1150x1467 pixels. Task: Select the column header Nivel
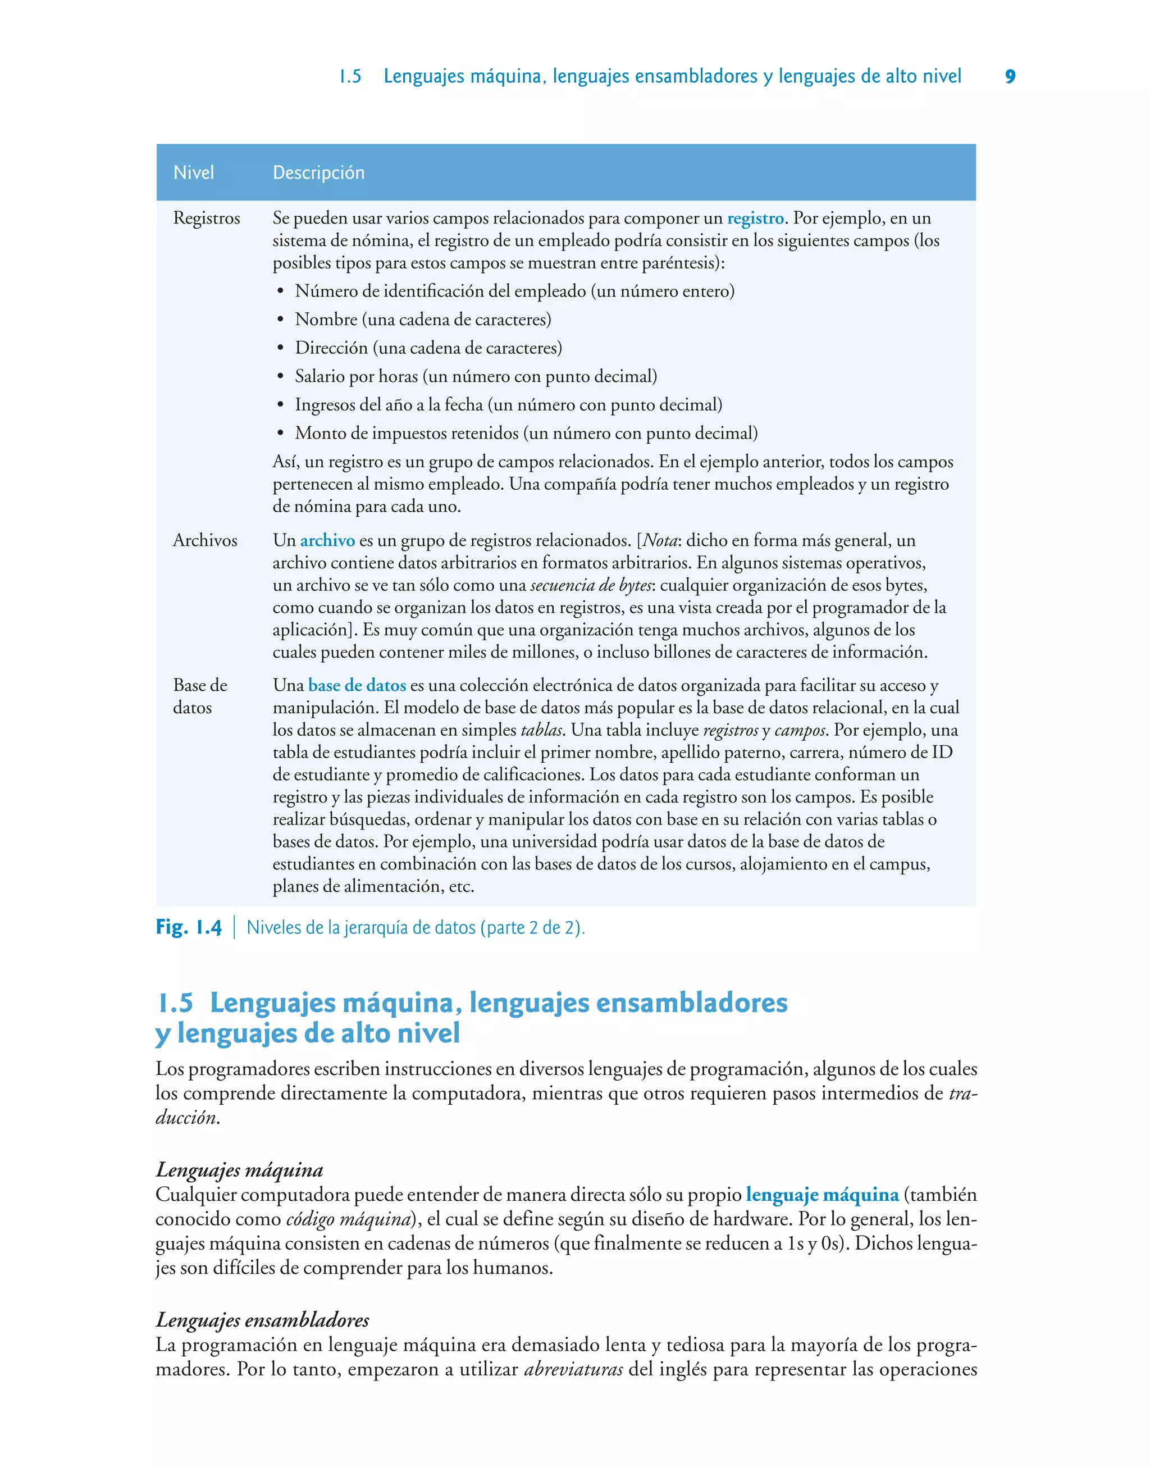193,173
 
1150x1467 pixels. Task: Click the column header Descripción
318,173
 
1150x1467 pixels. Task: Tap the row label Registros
206,218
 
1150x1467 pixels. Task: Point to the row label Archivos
205,541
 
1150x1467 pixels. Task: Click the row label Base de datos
199,696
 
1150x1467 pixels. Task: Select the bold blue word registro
755,218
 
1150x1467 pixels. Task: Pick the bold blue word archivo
327,541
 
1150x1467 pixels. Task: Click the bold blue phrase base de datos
357,685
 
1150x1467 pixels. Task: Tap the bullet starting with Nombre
423,320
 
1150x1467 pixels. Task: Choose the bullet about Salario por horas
476,376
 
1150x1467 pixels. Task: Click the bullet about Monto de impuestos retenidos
526,434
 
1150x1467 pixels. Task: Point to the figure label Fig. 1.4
189,928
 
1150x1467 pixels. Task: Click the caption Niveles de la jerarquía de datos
416,928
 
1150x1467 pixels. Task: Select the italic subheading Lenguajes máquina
239,1170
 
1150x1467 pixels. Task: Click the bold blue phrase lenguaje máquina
822,1195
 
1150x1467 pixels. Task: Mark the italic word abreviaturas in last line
573,1369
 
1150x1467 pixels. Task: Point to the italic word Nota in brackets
660,541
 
